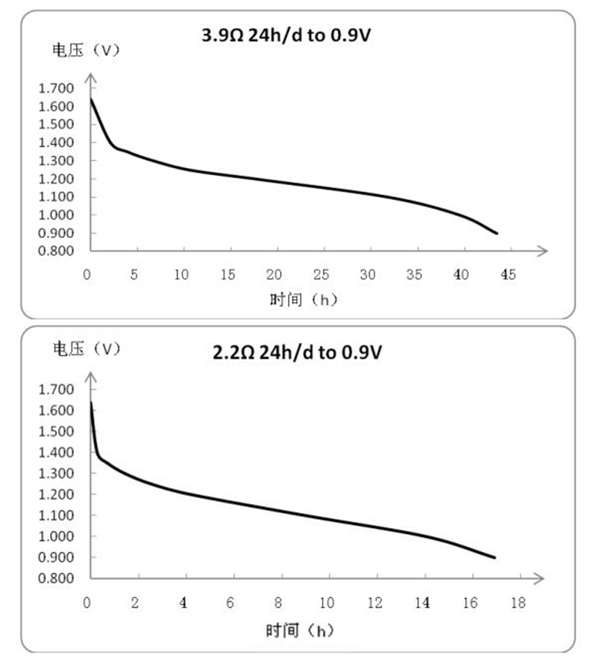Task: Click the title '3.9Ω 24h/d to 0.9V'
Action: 286,35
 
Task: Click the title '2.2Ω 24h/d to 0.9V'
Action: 297,352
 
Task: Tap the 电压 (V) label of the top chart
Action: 86,50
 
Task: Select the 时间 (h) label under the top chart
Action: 303,299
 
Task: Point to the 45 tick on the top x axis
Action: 508,274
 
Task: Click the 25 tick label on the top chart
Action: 321,274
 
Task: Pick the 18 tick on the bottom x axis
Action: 518,603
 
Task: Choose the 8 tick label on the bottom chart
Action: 278,603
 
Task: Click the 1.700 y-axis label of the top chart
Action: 56,88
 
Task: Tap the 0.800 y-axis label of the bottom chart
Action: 56,578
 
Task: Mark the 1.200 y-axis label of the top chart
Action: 56,179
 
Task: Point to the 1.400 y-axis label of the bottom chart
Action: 56,452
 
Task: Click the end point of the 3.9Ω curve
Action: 497,233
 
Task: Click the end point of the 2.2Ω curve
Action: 495,558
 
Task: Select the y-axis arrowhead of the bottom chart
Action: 90,378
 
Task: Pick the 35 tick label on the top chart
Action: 414,274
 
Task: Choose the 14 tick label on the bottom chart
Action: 422,603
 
